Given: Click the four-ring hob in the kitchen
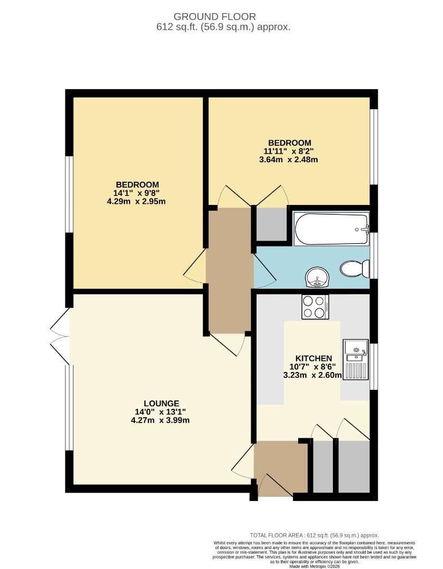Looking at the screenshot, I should (x=315, y=307).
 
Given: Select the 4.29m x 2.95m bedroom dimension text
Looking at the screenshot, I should (x=137, y=201).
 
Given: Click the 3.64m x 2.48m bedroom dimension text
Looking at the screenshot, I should (x=289, y=160).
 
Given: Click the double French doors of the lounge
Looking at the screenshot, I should (x=60, y=336).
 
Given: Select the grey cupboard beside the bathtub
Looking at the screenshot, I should (x=271, y=224).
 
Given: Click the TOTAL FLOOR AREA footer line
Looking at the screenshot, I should (x=314, y=535).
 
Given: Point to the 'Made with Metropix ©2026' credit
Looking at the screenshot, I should (x=314, y=566).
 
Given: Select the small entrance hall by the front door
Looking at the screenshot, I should (x=281, y=466).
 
